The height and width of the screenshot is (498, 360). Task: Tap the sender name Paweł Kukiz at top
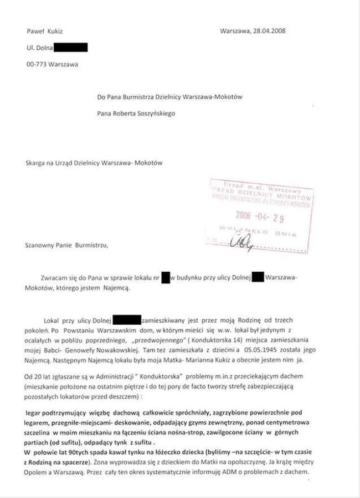pyautogui.click(x=44, y=31)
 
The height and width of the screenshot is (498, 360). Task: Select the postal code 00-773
pyautogui.click(x=36, y=64)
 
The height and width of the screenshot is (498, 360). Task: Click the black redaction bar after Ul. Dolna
pyautogui.click(x=70, y=48)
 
